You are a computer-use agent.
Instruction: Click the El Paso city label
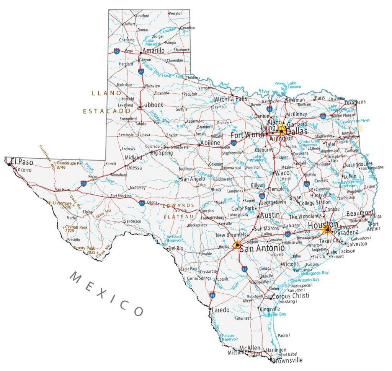[22, 162]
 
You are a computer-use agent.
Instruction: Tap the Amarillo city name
[153, 50]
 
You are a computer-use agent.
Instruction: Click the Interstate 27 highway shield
[141, 72]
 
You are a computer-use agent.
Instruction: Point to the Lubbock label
[152, 105]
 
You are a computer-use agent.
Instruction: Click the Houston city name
[323, 225]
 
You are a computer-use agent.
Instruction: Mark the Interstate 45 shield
[307, 184]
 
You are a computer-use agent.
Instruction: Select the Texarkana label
[355, 102]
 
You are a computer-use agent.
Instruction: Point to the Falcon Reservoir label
[230, 337]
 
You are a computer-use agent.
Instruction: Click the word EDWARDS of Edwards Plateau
[179, 206]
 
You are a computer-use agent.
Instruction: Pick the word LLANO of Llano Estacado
[106, 93]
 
